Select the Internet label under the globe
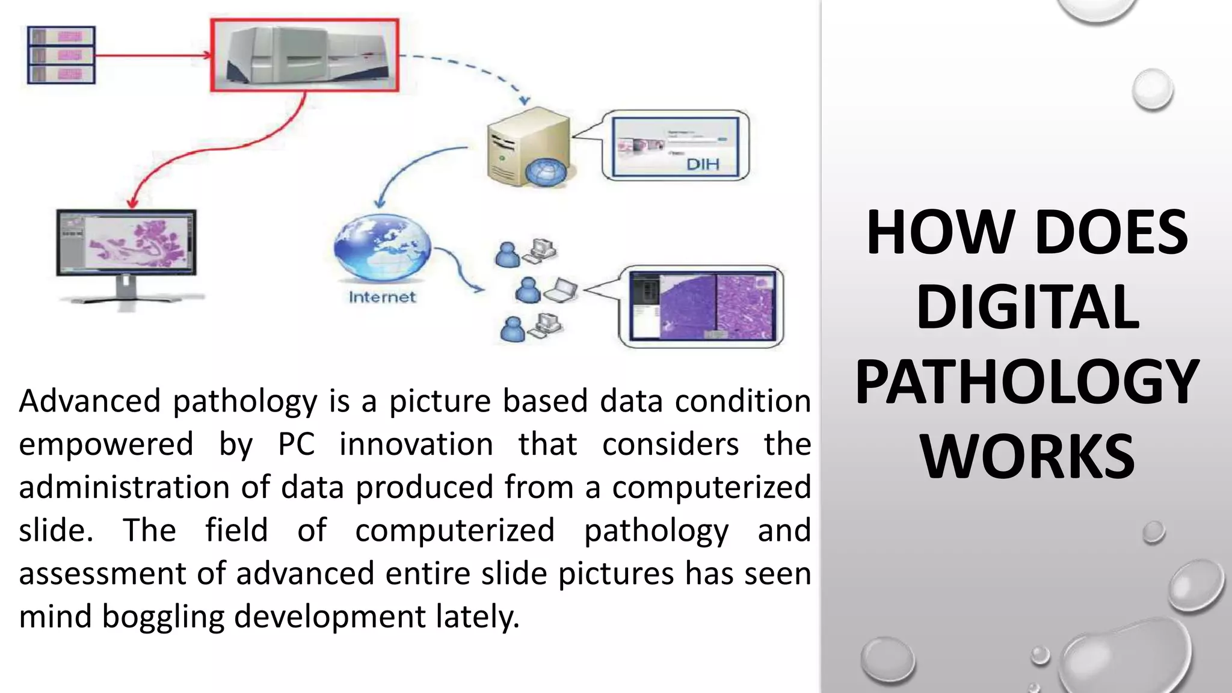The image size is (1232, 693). point(382,297)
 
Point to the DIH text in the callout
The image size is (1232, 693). point(703,164)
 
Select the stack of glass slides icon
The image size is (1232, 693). point(61,55)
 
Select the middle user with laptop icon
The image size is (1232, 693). point(544,291)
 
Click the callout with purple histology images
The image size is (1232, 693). point(701,307)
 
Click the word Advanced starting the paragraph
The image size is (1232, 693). point(90,401)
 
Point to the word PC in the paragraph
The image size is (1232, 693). point(296,444)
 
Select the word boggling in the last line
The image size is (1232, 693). point(162,616)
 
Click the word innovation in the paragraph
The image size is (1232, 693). point(416,444)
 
